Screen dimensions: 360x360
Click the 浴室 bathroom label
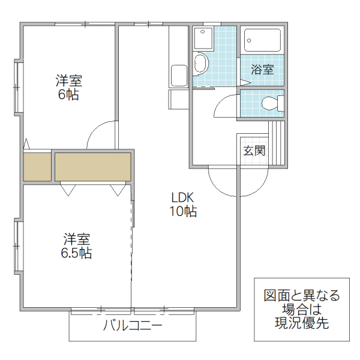(262, 70)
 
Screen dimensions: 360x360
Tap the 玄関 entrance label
(254, 150)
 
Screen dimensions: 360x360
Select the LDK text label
(183, 197)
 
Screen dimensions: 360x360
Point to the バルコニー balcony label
(133, 326)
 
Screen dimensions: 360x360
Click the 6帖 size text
(68, 95)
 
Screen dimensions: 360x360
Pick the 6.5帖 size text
(76, 253)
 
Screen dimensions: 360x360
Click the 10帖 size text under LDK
(183, 211)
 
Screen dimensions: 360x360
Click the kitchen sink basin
(180, 76)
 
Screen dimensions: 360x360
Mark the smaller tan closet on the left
(37, 167)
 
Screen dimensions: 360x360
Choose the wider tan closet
(93, 167)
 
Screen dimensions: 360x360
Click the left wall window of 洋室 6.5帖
(17, 246)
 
